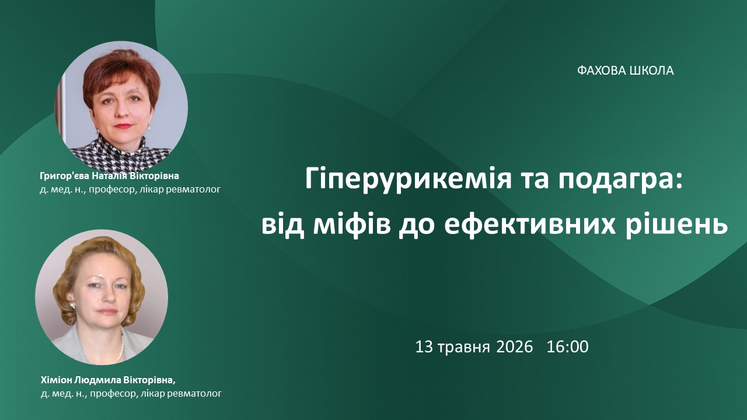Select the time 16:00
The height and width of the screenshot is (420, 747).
click(568, 346)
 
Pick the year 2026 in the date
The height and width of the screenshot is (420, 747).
click(515, 346)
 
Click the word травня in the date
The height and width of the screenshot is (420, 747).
click(464, 348)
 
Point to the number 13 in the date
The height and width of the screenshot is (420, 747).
click(424, 346)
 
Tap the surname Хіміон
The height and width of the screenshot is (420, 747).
click(55, 380)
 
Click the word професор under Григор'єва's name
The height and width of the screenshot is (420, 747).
click(113, 190)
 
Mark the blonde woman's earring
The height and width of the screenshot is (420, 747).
click(72, 305)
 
